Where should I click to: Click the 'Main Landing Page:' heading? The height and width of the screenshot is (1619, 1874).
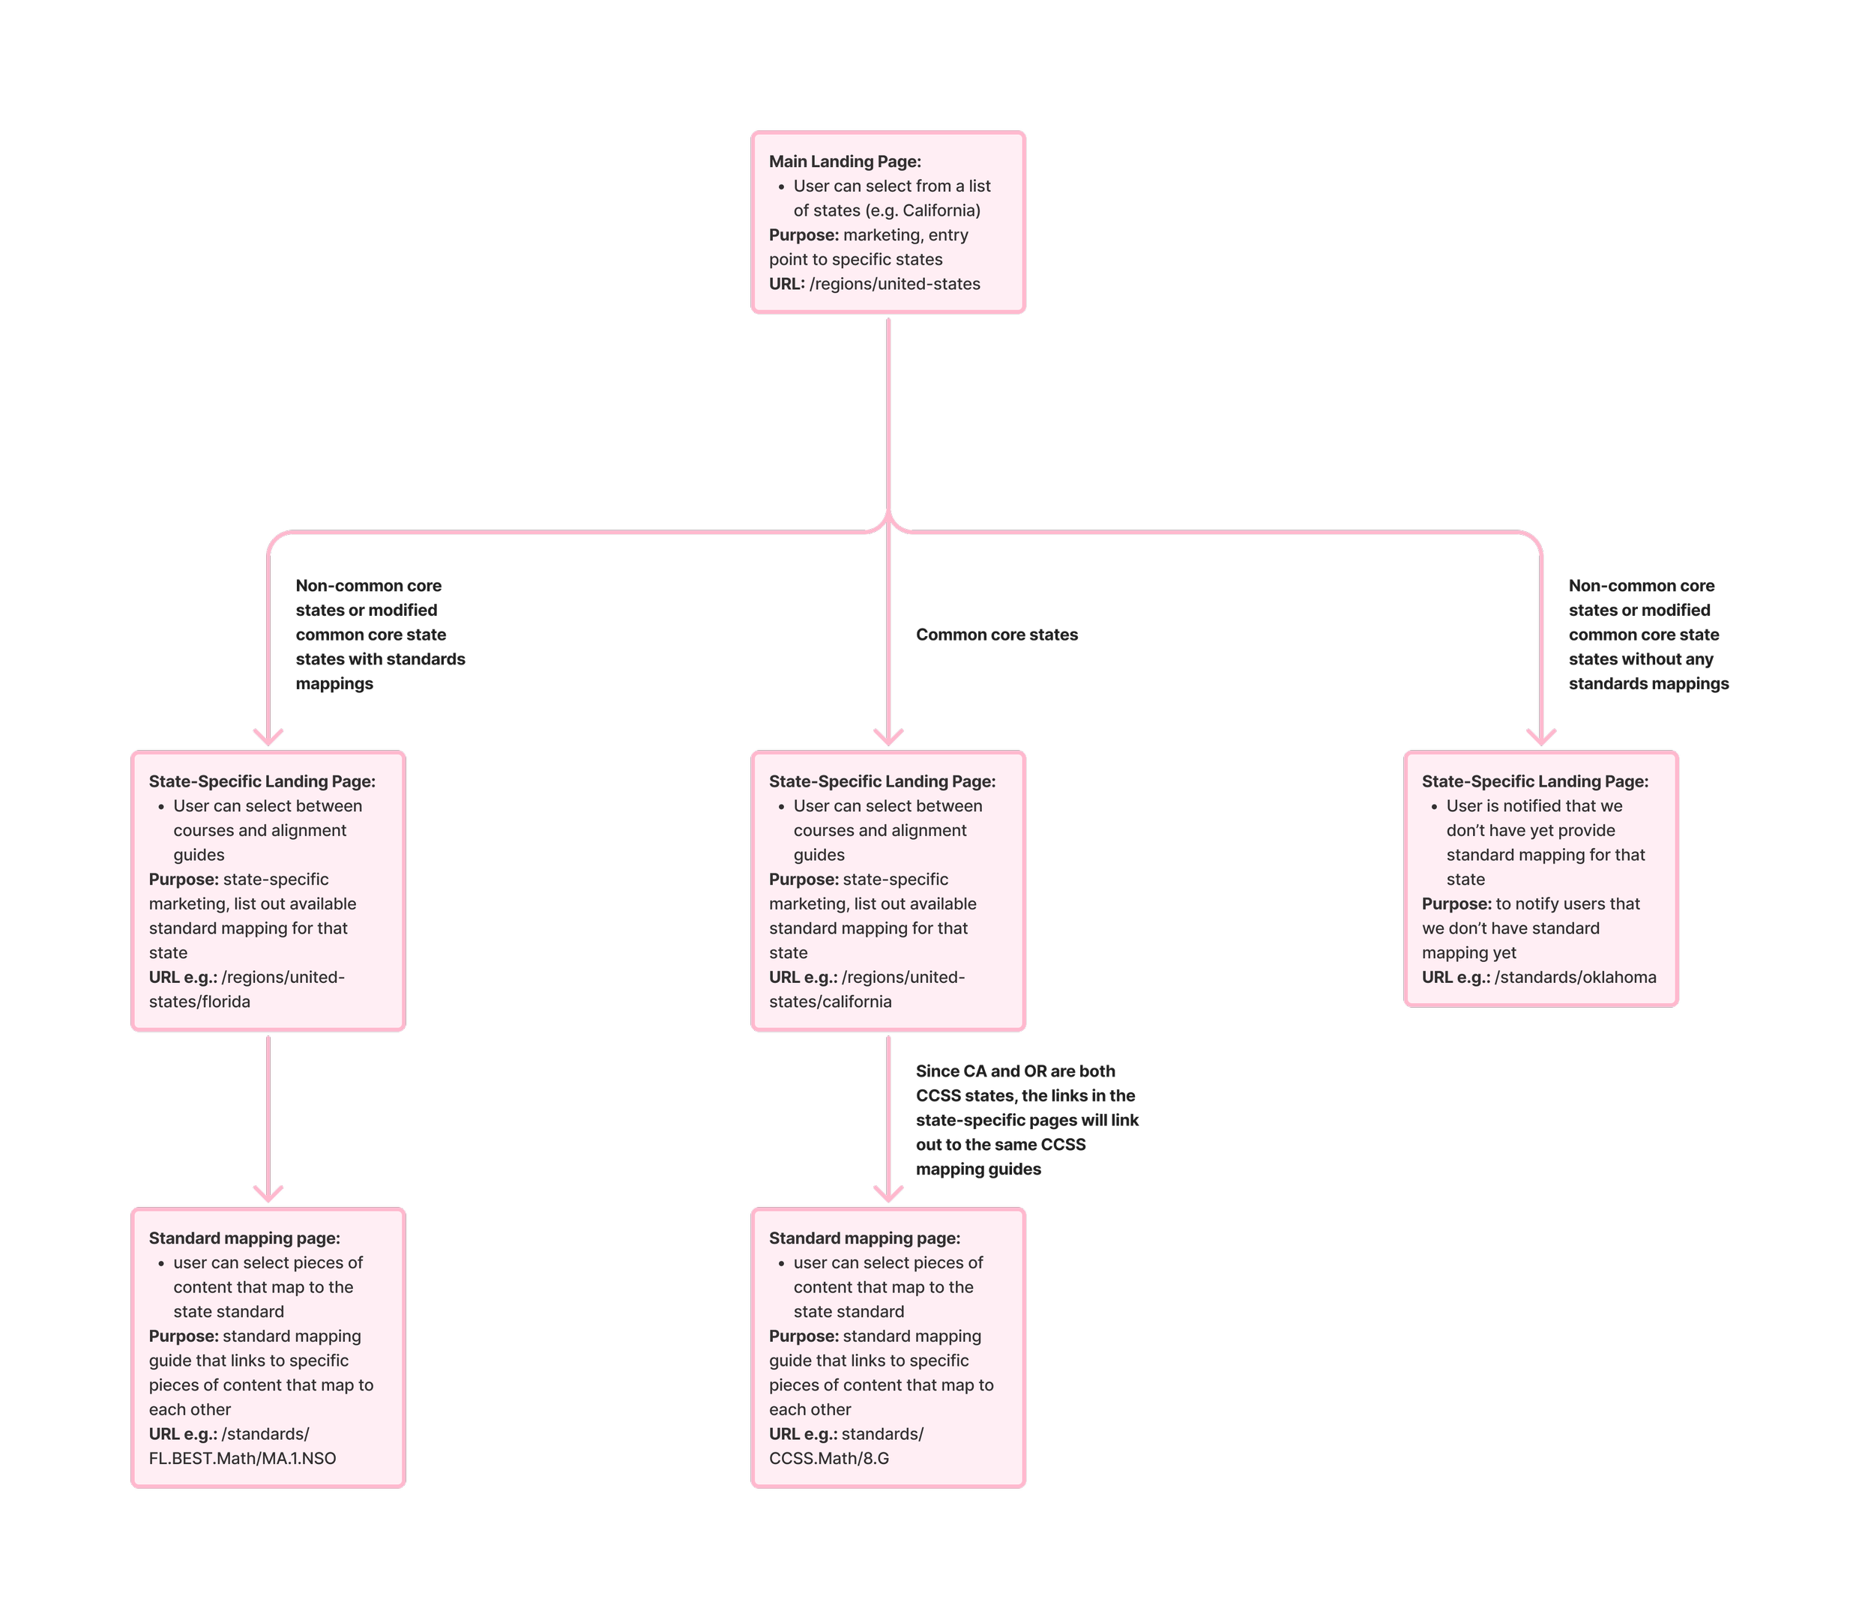click(x=845, y=162)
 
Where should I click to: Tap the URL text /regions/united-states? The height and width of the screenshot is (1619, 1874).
click(x=894, y=284)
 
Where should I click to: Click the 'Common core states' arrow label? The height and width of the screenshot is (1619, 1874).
click(x=997, y=635)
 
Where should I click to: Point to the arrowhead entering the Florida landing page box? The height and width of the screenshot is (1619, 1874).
click(x=268, y=736)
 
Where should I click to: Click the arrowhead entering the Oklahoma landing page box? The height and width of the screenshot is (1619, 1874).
click(x=1541, y=736)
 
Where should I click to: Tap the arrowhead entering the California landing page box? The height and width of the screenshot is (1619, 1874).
click(x=889, y=736)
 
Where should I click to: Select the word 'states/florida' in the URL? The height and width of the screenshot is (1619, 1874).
click(x=200, y=1002)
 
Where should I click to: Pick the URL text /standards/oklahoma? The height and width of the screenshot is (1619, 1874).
click(x=1576, y=977)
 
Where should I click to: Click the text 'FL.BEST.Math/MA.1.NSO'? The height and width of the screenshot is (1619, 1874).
click(x=242, y=1458)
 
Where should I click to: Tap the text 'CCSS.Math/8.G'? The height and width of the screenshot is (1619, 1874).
click(x=828, y=1458)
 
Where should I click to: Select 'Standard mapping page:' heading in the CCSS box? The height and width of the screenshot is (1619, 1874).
click(x=864, y=1238)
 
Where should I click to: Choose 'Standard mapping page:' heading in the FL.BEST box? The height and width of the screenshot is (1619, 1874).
click(x=244, y=1238)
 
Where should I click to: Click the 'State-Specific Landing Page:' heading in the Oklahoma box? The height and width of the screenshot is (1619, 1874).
click(x=1535, y=782)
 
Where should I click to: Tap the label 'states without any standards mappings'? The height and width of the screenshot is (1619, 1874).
click(x=1647, y=671)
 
